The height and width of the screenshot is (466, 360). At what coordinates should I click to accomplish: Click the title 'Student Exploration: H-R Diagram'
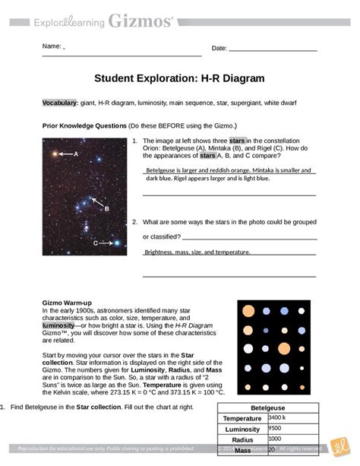pyautogui.click(x=179, y=78)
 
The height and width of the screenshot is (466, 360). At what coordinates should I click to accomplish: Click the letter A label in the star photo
pyautogui.click(x=76, y=154)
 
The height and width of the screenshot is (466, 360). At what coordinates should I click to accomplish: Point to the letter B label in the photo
pyautogui.click(x=107, y=207)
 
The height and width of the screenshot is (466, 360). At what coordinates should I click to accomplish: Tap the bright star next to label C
pyautogui.click(x=118, y=243)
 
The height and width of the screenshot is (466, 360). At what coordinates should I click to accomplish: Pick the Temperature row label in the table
pyautogui.click(x=242, y=418)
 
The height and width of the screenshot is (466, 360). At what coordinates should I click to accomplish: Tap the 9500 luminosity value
pyautogui.click(x=275, y=428)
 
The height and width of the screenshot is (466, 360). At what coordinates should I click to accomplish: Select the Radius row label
pyautogui.click(x=242, y=439)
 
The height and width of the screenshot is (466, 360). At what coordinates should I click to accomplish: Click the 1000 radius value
pyautogui.click(x=275, y=439)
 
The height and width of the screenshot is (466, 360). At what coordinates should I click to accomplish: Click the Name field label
pyautogui.click(x=52, y=48)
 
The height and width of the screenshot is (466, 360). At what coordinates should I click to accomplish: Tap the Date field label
pyautogui.click(x=219, y=48)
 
